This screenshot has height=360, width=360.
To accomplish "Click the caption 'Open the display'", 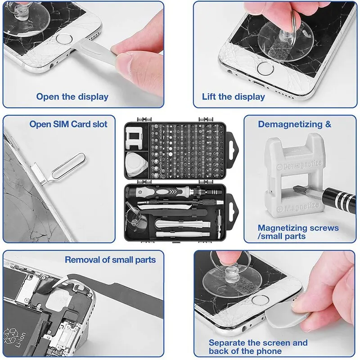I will tap(72, 96).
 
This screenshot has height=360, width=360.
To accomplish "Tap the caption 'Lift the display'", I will tap(234, 96).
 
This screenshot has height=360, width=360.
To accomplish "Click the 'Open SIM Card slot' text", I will tap(68, 124).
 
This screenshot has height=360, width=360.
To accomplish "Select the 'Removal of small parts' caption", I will tap(110, 260).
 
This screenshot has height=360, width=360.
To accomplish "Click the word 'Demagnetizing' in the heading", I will tap(290, 124).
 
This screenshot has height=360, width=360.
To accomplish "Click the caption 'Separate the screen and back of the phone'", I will tap(258, 347).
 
